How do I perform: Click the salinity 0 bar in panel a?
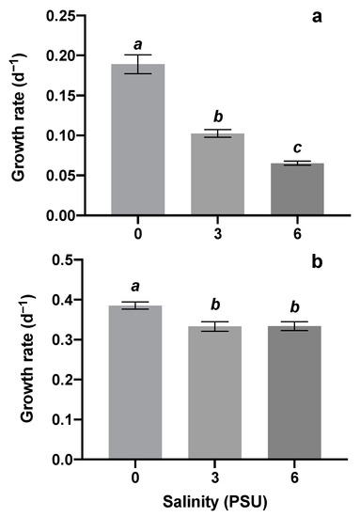(137, 141)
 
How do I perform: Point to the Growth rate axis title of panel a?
(19, 115)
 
